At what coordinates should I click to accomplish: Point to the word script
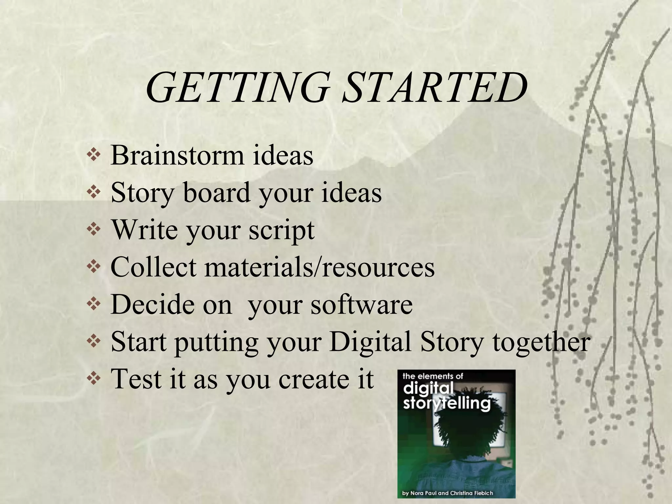[282, 230]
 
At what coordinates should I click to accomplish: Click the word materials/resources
[320, 267]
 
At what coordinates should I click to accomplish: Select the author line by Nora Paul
[448, 493]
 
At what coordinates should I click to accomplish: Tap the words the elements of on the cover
[432, 376]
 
